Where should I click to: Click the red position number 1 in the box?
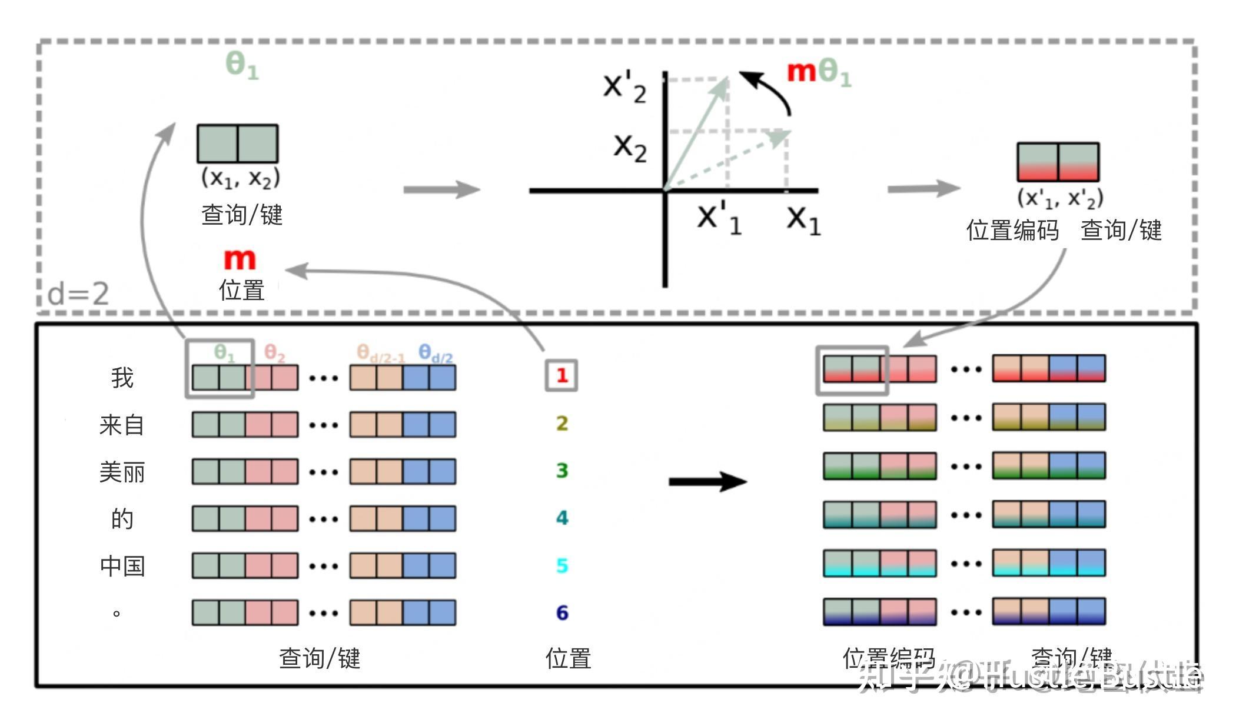pyautogui.click(x=561, y=375)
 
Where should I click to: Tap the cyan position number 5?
pyautogui.click(x=562, y=565)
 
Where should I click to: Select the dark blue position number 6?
pyautogui.click(x=562, y=613)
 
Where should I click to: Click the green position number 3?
pyautogui.click(x=562, y=471)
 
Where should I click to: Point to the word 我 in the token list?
pyautogui.click(x=122, y=378)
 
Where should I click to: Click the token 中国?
pyautogui.click(x=122, y=566)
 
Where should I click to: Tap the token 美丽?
pyautogui.click(x=122, y=472)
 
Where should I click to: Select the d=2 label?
pyautogui.click(x=78, y=293)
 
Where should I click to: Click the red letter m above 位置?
pyautogui.click(x=240, y=259)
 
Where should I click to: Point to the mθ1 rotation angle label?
pyautogui.click(x=819, y=72)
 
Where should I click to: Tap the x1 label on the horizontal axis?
pyautogui.click(x=803, y=219)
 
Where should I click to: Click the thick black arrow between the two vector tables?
pyautogui.click(x=707, y=482)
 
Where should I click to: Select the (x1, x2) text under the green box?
pyautogui.click(x=240, y=177)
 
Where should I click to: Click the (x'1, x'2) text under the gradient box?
pyautogui.click(x=1059, y=198)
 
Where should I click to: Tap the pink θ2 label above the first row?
pyautogui.click(x=274, y=353)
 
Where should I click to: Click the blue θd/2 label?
pyautogui.click(x=436, y=354)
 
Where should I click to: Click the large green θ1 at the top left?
pyautogui.click(x=242, y=65)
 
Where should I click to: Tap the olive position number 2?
pyautogui.click(x=562, y=423)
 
